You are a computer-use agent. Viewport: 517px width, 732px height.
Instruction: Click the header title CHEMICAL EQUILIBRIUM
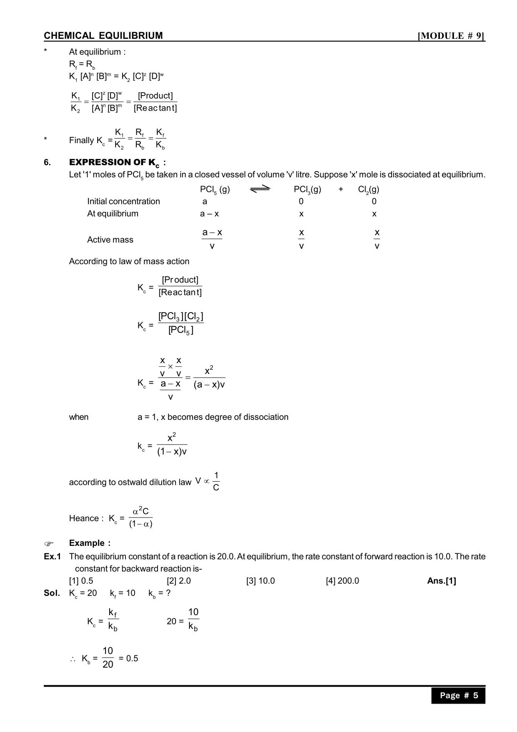103,36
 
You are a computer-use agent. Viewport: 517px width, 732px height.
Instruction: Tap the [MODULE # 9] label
452,36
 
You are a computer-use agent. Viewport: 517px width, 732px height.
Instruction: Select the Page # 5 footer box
458,695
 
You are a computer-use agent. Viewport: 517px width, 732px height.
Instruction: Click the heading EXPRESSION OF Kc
117,162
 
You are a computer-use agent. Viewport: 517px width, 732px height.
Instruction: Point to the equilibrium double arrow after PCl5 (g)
260,189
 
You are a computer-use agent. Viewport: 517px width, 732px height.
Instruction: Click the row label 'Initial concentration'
123,201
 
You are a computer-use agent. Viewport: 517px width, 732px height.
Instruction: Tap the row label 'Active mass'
110,240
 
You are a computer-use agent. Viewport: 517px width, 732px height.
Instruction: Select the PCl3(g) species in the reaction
307,189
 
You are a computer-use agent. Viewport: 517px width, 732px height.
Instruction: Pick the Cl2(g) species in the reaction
369,189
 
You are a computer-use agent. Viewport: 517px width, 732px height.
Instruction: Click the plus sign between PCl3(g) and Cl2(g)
341,189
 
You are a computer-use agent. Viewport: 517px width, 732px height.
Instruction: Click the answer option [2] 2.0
179,581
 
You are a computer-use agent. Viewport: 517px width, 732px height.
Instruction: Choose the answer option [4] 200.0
342,581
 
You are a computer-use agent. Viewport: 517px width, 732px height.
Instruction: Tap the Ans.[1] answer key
442,581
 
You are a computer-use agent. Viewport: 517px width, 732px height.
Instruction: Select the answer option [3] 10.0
261,581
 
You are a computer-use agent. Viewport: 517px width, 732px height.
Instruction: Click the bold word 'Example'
87,543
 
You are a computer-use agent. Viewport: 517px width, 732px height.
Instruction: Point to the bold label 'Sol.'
52,593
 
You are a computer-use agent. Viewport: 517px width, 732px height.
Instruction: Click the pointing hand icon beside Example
49,544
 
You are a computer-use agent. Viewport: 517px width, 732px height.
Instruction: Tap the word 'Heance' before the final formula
84,518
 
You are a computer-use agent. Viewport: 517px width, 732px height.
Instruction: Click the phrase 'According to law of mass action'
129,261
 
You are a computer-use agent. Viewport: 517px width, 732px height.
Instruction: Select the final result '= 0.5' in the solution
128,658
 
